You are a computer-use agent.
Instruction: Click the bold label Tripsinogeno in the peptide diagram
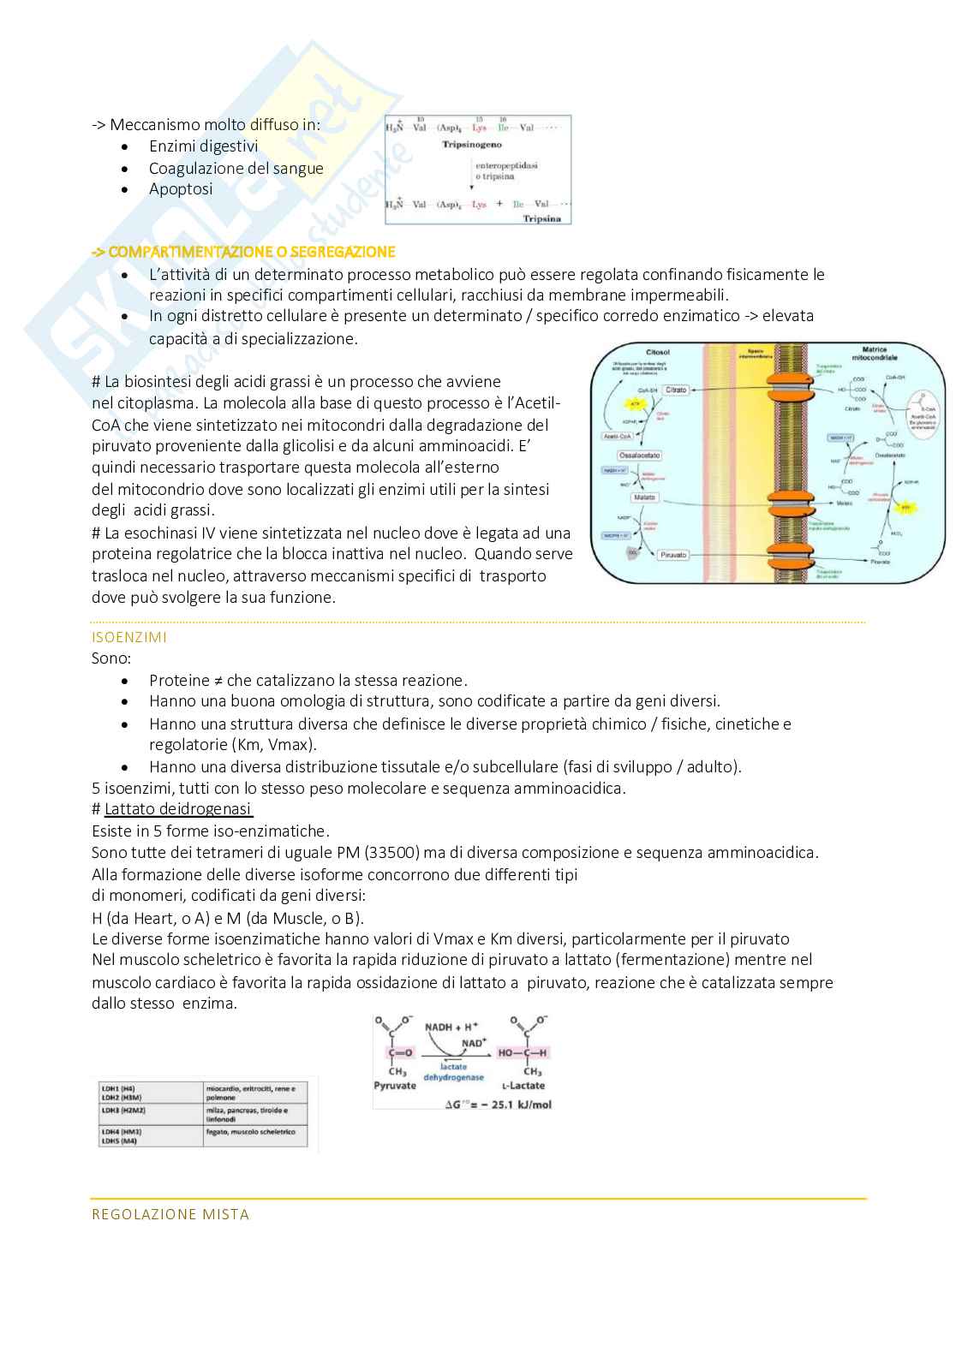[x=471, y=145]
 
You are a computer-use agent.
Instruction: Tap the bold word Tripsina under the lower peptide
[x=541, y=218]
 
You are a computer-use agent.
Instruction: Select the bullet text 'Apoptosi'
[x=181, y=189]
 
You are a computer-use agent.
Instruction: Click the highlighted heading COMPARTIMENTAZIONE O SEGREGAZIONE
[x=243, y=252]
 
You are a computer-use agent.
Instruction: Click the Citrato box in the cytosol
[x=676, y=390]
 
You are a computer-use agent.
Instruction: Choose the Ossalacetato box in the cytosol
[x=639, y=456]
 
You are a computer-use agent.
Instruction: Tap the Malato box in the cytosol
[x=643, y=497]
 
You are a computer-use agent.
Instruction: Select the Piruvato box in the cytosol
[x=673, y=555]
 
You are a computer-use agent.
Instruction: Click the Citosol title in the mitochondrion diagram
[x=658, y=352]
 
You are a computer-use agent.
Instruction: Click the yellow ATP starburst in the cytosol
[x=635, y=402]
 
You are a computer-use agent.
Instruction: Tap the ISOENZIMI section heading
[x=129, y=637]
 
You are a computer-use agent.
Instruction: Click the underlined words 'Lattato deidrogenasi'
[x=178, y=809]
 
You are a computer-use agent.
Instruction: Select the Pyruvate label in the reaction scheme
[x=395, y=1086]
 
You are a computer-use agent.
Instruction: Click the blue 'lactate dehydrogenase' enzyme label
[x=453, y=1072]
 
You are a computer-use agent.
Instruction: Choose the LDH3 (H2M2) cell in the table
[x=122, y=1111]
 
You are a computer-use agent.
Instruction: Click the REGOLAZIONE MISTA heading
[x=170, y=1214]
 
